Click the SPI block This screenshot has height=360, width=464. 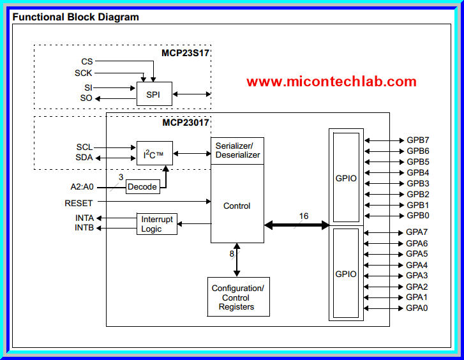[x=154, y=94]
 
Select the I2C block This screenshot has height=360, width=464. [x=154, y=153]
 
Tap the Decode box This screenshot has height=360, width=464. [x=142, y=187]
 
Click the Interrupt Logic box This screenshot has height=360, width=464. [x=156, y=224]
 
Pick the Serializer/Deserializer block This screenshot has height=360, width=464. [x=237, y=151]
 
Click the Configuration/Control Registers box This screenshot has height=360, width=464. [x=238, y=297]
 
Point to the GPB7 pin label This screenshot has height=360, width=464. [x=417, y=140]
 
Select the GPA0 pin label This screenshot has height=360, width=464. [x=417, y=308]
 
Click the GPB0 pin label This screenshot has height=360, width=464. [x=417, y=216]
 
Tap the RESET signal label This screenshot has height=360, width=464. [x=79, y=203]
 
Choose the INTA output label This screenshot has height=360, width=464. [x=84, y=218]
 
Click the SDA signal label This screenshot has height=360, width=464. [x=84, y=158]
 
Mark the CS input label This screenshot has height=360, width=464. [x=87, y=61]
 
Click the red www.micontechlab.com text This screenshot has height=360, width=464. [x=331, y=82]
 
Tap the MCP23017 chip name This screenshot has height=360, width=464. [x=185, y=122]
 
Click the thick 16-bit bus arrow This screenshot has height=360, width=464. [x=297, y=225]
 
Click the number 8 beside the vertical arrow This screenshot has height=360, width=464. [x=232, y=253]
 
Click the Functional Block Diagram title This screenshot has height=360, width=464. [x=75, y=17]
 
